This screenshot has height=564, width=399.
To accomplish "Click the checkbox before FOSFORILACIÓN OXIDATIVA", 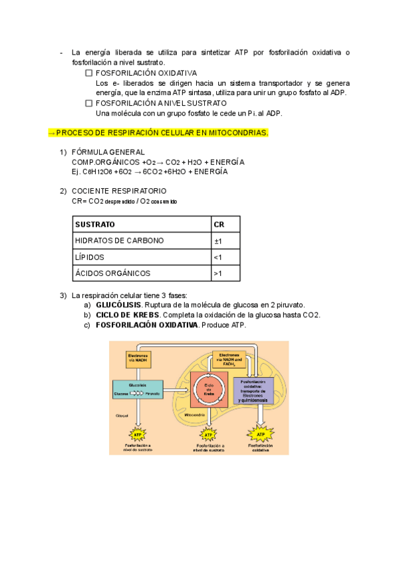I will coord(90,73).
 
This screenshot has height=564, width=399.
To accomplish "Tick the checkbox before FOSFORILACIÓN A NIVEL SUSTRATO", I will coord(90,103).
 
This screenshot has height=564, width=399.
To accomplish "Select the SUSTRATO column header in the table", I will coord(95,224).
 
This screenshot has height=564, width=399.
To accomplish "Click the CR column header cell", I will coord(219,224).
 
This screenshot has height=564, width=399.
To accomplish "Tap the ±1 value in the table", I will coord(217,241).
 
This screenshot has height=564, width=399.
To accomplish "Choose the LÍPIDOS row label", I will coord(90,257).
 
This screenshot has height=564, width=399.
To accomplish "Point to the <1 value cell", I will coord(217,257).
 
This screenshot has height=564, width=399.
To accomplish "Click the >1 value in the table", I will coord(217,273).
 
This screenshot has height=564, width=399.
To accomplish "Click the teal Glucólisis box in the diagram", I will coord(138,390).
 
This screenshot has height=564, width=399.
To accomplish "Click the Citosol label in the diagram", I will coord(122,415).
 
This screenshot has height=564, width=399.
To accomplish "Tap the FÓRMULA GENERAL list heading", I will coord(108,152).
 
